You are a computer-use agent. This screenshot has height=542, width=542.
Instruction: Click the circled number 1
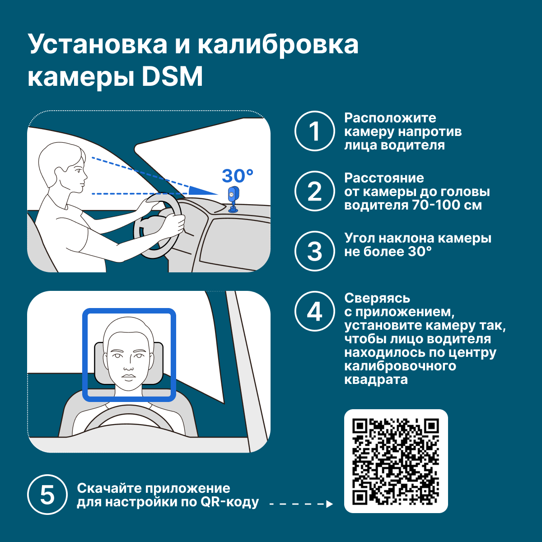click(x=315, y=131)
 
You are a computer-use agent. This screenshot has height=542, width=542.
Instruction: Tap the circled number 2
click(x=315, y=191)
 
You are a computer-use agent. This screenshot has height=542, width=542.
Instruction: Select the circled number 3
click(x=315, y=251)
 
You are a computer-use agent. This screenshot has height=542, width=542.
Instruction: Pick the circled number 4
click(x=315, y=311)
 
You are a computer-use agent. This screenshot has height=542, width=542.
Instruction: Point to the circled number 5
click(x=47, y=495)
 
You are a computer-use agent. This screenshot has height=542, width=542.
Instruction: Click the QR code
click(x=396, y=461)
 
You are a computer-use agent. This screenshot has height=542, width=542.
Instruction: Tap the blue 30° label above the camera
click(x=238, y=176)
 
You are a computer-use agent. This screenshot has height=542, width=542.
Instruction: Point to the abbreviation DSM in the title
click(x=172, y=76)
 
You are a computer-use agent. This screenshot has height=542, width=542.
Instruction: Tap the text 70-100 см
click(x=447, y=205)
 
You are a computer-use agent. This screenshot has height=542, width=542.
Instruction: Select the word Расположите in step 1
click(x=390, y=118)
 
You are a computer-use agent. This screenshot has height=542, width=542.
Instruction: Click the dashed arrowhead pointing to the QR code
click(x=329, y=504)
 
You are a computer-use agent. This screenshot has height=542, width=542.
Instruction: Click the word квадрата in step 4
click(x=376, y=380)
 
